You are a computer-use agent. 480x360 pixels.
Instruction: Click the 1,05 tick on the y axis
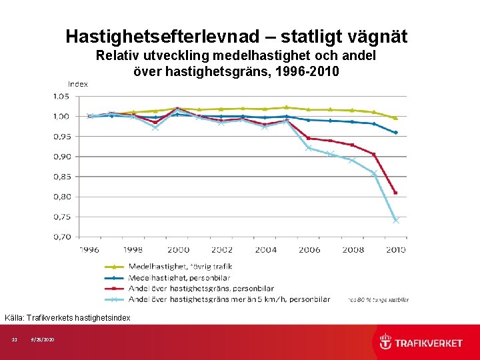pos(61,96)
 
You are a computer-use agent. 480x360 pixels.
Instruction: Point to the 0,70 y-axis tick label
pos(61,237)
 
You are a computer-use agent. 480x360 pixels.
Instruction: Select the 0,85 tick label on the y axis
pos(61,177)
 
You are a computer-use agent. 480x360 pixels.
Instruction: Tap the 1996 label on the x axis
pos(90,249)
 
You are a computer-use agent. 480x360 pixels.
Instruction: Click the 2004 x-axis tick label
pos(265,249)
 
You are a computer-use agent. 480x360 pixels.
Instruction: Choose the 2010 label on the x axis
pos(395,249)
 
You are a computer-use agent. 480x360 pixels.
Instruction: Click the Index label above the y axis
pos(78,84)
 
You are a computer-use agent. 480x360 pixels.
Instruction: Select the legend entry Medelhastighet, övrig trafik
pos(181,267)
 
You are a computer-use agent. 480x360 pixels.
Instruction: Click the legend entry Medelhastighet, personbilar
pos(179,278)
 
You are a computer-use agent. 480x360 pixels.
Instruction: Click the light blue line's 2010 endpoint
pos(396,221)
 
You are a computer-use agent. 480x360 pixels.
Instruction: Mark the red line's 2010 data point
pos(395,193)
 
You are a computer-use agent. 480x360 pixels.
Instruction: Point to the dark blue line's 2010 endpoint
pos(396,133)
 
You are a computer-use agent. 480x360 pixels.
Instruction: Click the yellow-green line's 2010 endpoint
pos(396,118)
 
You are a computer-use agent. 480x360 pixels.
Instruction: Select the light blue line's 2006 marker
pos(309,148)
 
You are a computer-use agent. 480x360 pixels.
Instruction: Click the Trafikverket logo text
pos(429,343)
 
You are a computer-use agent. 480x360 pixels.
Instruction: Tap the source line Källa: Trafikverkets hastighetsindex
pos(67,318)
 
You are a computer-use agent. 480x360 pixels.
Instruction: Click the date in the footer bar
pos(43,341)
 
